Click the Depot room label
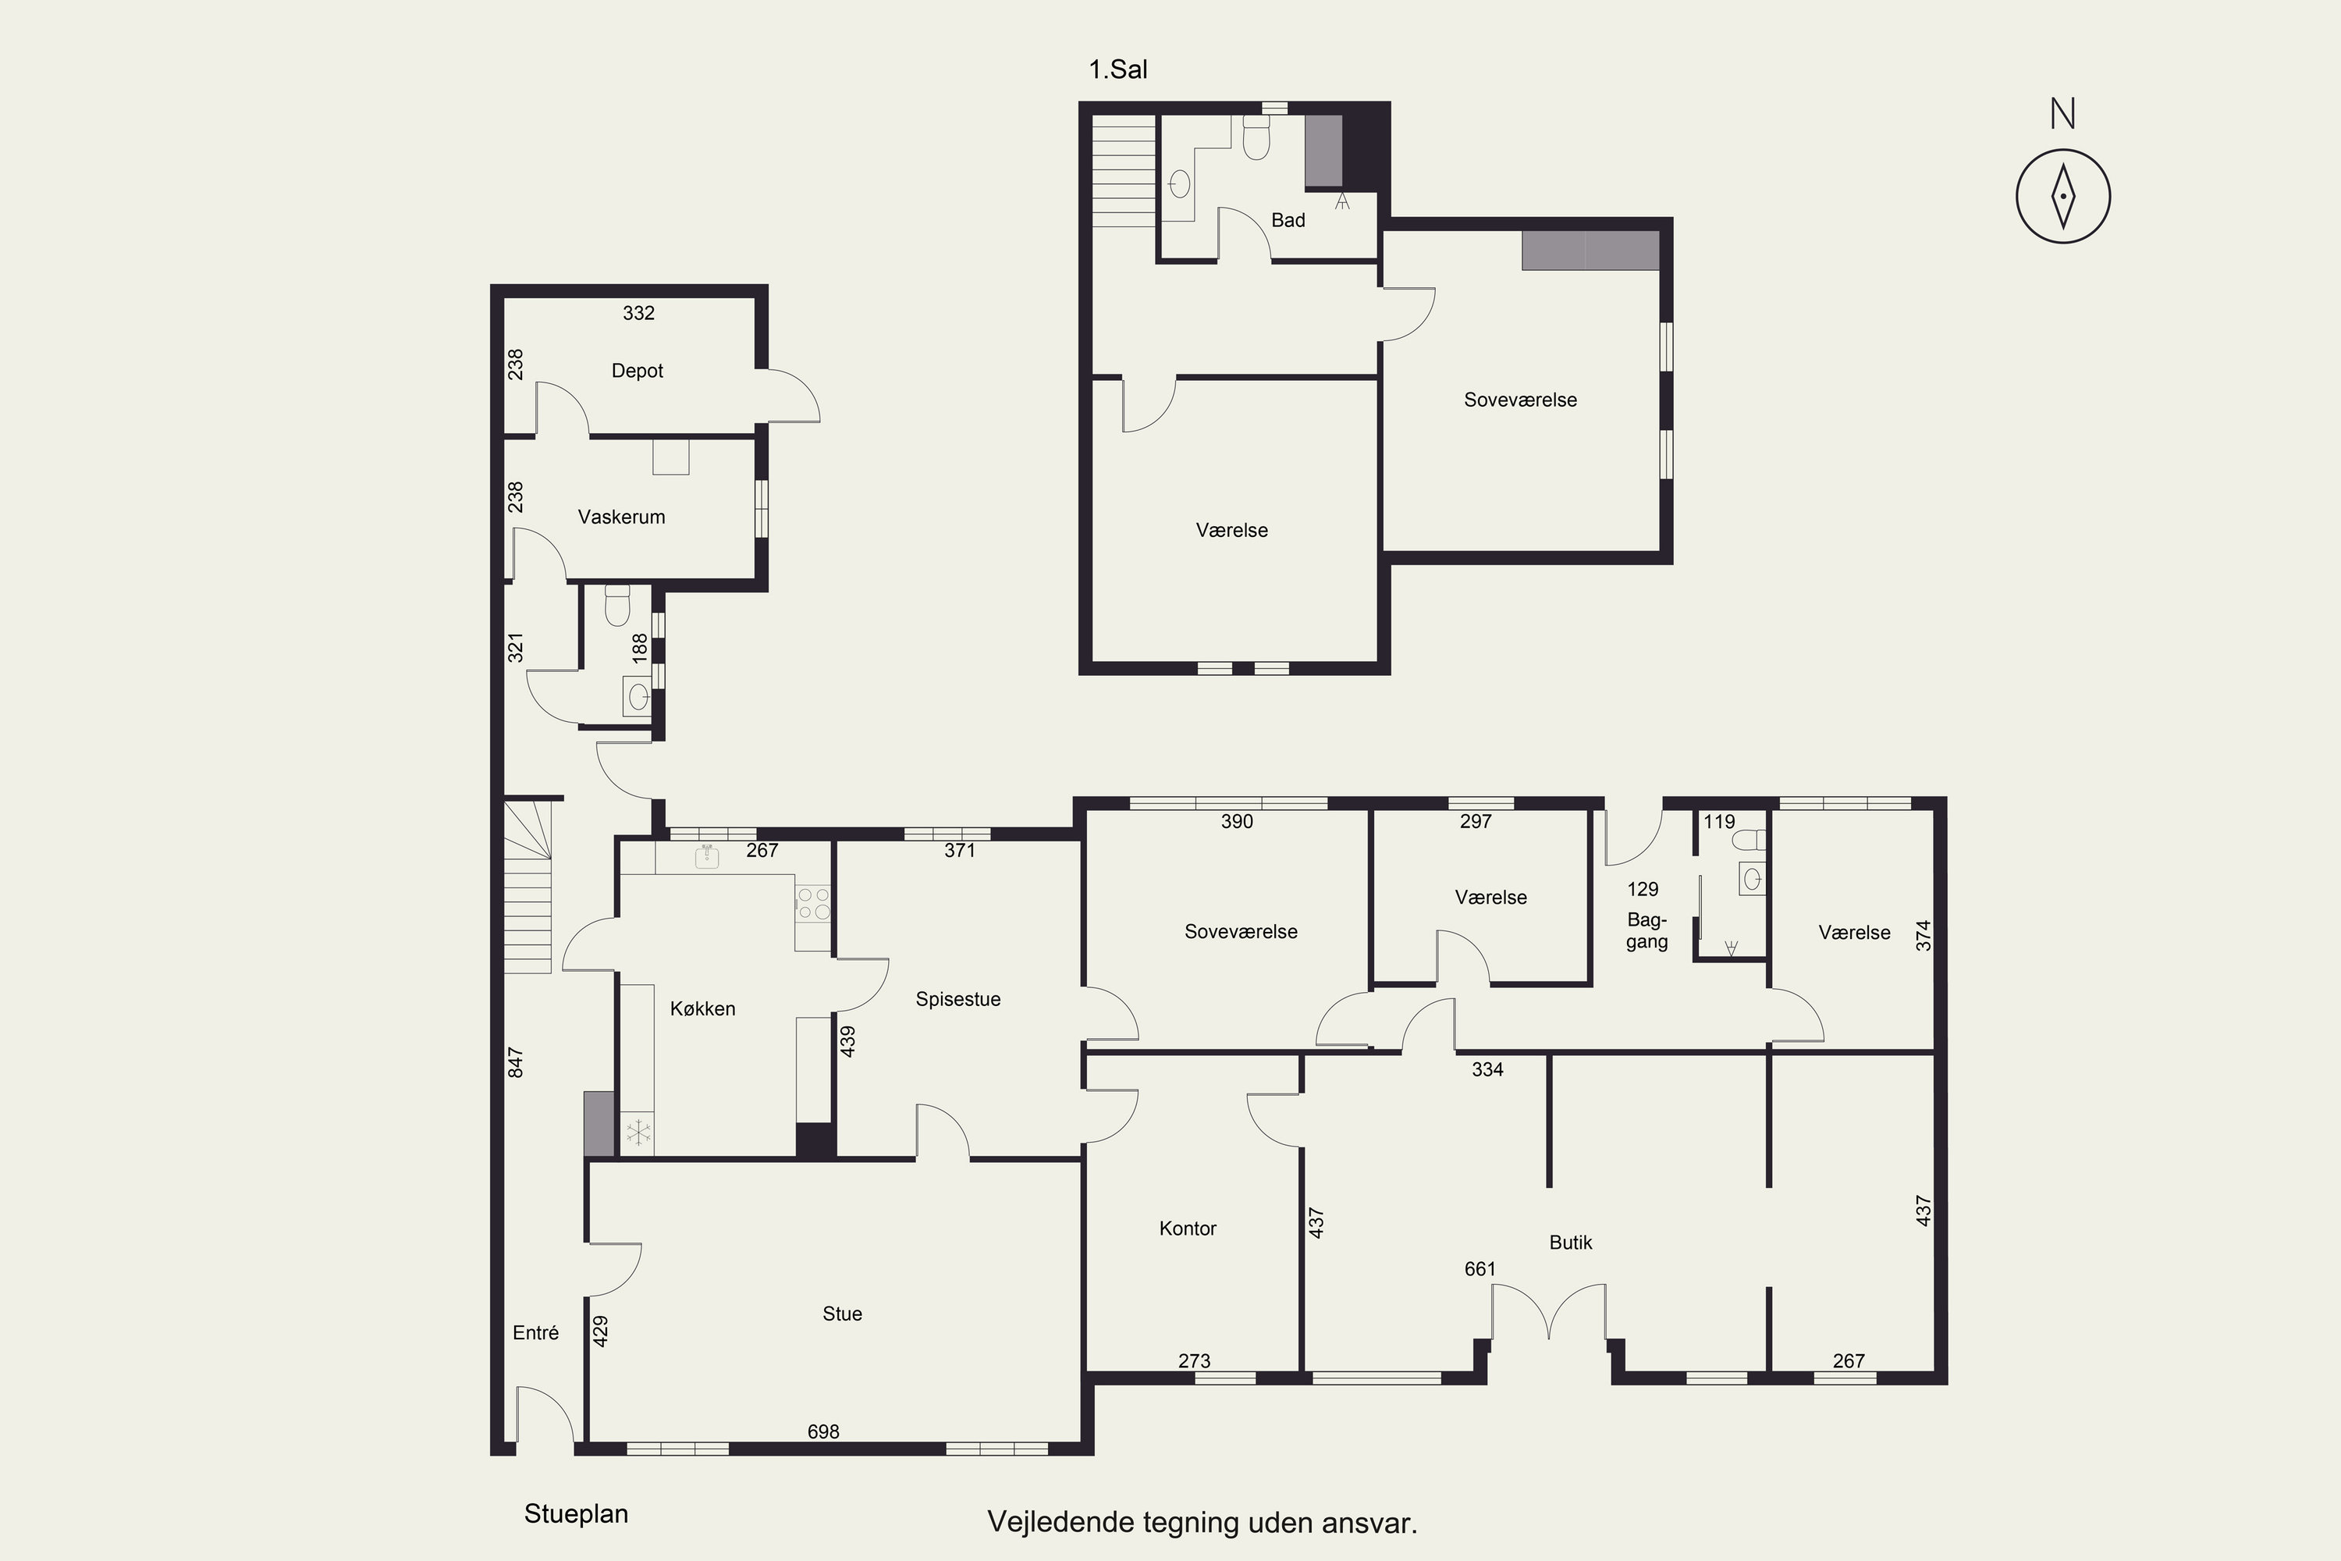[637, 370]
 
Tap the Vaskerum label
[621, 517]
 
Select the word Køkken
[703, 1008]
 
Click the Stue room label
[842, 1314]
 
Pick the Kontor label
[1188, 1229]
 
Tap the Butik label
[1571, 1243]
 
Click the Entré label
[535, 1333]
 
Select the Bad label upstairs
[1288, 220]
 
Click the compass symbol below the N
[2063, 196]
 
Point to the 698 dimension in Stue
[823, 1431]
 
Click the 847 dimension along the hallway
[514, 1062]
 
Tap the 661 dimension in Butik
[1480, 1269]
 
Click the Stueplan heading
[577, 1514]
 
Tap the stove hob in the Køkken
[813, 904]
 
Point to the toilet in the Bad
[1256, 137]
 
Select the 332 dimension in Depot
[638, 313]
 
